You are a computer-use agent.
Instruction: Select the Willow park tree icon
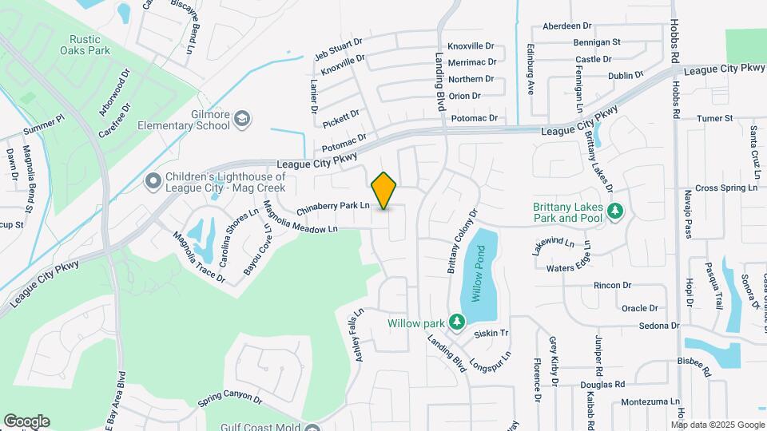[456, 322]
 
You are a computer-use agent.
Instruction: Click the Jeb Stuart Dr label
[339, 48]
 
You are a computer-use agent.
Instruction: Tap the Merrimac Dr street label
[472, 61]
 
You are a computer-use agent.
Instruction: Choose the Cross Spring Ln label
[725, 188]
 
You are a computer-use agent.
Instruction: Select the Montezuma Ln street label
[650, 401]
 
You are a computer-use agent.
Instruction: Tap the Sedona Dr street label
[659, 326]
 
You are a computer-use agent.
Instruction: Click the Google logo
[26, 421]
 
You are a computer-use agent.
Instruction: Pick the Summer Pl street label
[43, 126]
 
